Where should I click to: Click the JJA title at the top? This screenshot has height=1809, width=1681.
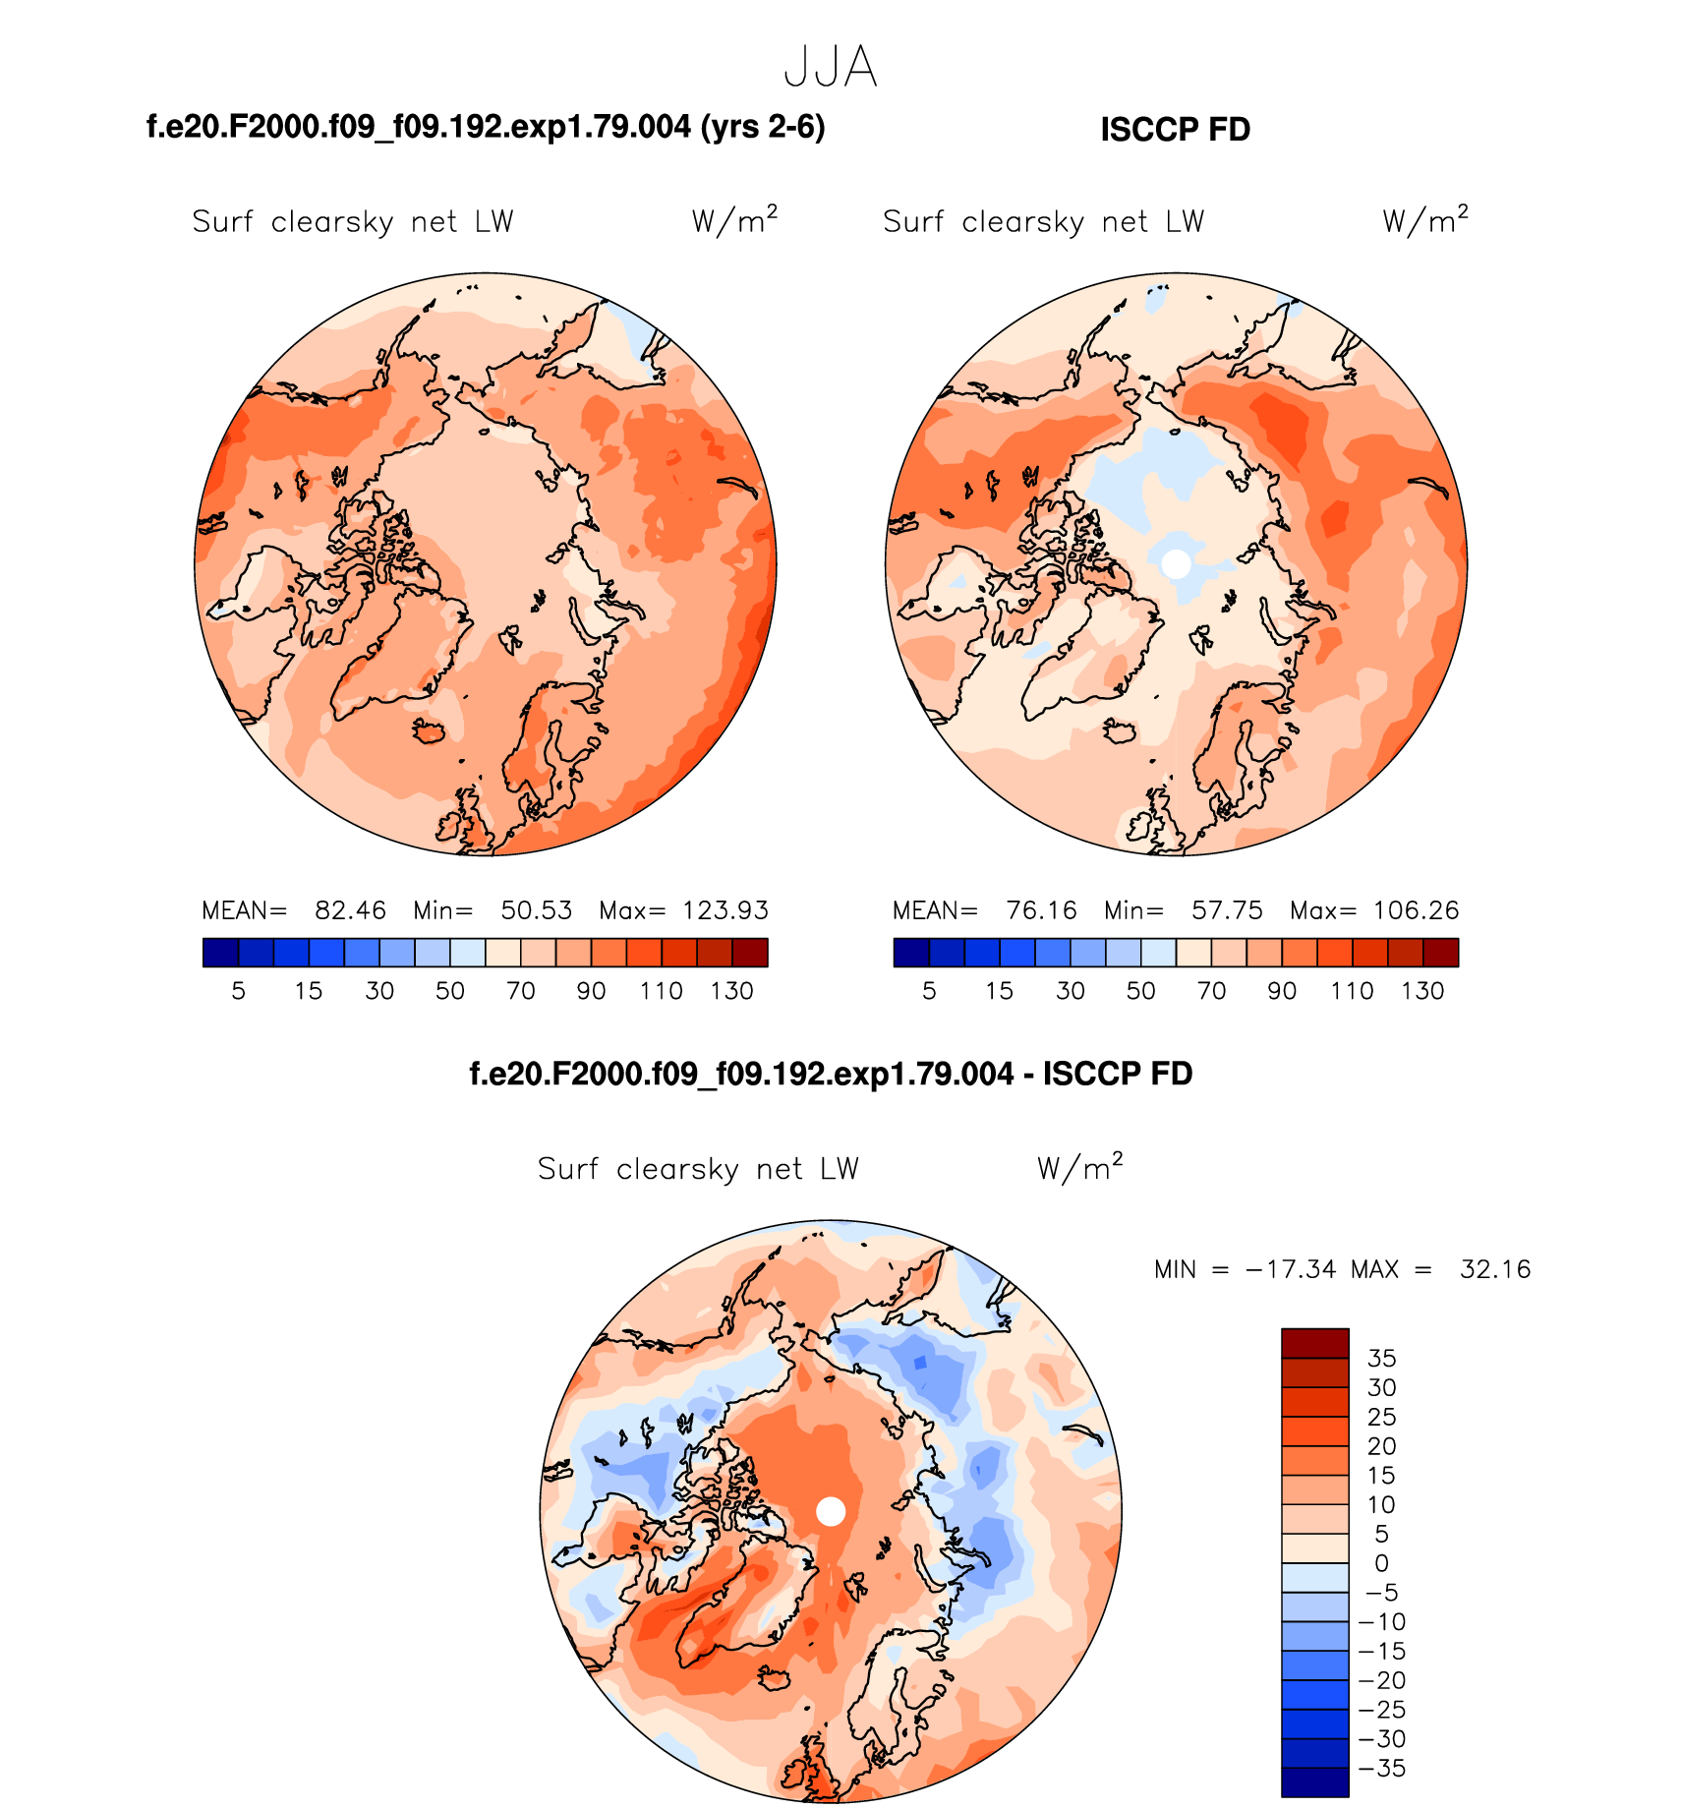point(831,68)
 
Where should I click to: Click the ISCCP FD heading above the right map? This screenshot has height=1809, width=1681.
point(1175,130)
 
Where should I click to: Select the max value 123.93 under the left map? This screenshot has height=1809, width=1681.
point(725,910)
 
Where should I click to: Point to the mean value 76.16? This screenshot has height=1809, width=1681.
point(1041,910)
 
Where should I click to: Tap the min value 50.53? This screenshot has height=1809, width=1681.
point(536,910)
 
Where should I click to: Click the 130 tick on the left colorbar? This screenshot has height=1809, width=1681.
point(732,991)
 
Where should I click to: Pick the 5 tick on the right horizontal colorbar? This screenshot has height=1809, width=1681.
point(929,991)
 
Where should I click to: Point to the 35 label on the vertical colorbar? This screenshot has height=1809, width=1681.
point(1381,1359)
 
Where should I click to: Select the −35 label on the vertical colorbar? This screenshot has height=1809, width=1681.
point(1381,1769)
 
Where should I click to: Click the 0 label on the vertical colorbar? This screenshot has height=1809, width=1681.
point(1381,1563)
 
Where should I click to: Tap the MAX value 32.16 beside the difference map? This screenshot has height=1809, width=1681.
point(1495,1269)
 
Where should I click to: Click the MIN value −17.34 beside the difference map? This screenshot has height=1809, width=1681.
point(1291,1269)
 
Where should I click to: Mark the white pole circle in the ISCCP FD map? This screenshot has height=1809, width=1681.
point(1176,563)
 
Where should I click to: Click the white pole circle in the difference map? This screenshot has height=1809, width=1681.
point(831,1511)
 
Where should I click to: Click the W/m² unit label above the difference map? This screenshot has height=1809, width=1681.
point(1079,1167)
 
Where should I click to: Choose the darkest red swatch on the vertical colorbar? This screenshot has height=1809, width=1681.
point(1314,1343)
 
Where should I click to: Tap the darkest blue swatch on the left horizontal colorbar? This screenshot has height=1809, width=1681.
point(220,953)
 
